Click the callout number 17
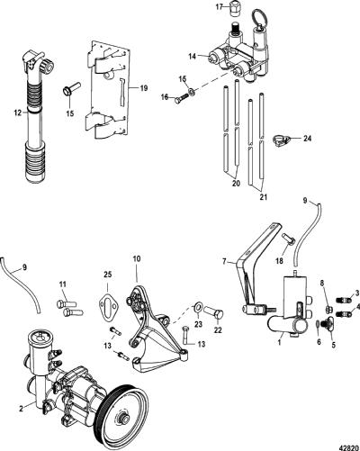[220, 6]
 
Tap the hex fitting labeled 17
[234, 7]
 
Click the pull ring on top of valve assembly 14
[259, 17]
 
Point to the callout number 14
[193, 56]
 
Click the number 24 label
[307, 139]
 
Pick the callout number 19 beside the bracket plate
[144, 88]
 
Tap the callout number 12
[18, 113]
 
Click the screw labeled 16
[182, 98]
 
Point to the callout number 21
[263, 197]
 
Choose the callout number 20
[236, 183]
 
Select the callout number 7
[224, 261]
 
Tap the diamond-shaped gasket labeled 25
[108, 302]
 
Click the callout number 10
[137, 258]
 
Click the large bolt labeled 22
[213, 313]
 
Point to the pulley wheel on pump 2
[123, 419]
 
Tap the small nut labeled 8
[328, 309]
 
